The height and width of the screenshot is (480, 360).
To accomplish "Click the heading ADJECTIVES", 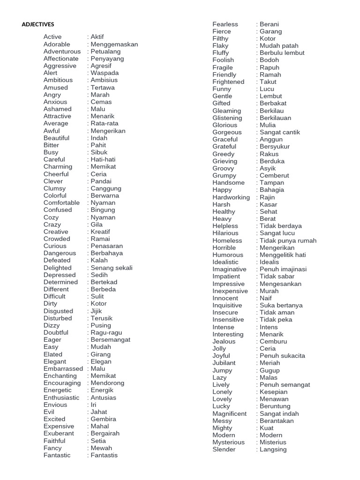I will point(38,24).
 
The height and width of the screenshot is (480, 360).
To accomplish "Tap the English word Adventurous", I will point(62,51).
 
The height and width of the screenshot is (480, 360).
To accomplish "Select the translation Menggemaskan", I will point(114,44).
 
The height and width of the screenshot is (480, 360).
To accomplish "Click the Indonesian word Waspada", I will point(105,73).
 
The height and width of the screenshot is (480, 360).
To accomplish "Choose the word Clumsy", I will point(55,188).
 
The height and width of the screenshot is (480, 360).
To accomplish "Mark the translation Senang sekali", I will point(112,268).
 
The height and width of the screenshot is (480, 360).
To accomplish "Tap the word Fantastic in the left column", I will point(57,455).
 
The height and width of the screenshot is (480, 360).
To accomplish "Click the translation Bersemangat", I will point(111,339).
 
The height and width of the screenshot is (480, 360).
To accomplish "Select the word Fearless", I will point(225,24).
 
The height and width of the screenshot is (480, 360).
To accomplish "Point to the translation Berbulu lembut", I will point(282,53).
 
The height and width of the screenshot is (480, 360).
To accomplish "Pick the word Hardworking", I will point(231,197).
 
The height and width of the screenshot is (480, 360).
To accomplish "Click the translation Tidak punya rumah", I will point(288,240).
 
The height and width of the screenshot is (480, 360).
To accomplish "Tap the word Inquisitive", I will point(227,305).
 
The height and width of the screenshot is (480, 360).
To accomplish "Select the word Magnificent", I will point(229,413).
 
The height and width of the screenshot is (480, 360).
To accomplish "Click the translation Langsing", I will point(273,450).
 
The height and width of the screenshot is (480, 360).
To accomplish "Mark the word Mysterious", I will point(228,442).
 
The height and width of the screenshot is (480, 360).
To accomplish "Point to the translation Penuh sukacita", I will point(282,356).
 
